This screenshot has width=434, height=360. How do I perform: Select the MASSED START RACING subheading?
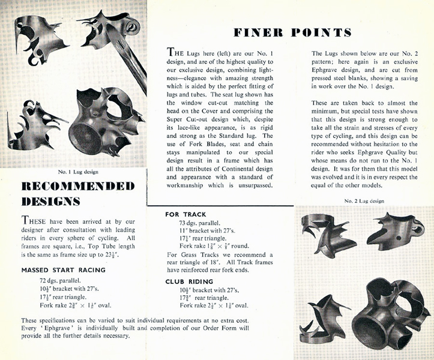pos(63,270)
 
